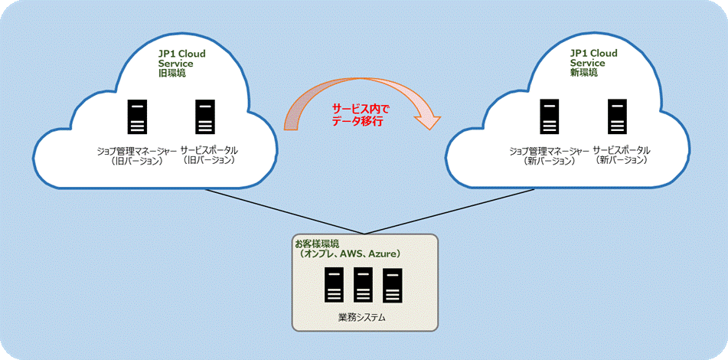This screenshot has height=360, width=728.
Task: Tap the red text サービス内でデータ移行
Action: [x=361, y=115]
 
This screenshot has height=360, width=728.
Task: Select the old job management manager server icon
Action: [x=138, y=116]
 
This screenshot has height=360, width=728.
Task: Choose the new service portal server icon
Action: [x=617, y=116]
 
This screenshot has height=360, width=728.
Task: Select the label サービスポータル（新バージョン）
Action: [x=621, y=155]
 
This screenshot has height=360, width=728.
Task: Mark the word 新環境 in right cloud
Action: [x=585, y=74]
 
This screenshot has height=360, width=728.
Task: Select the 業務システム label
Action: [x=363, y=316]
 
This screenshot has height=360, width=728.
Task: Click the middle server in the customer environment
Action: [x=363, y=285]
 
